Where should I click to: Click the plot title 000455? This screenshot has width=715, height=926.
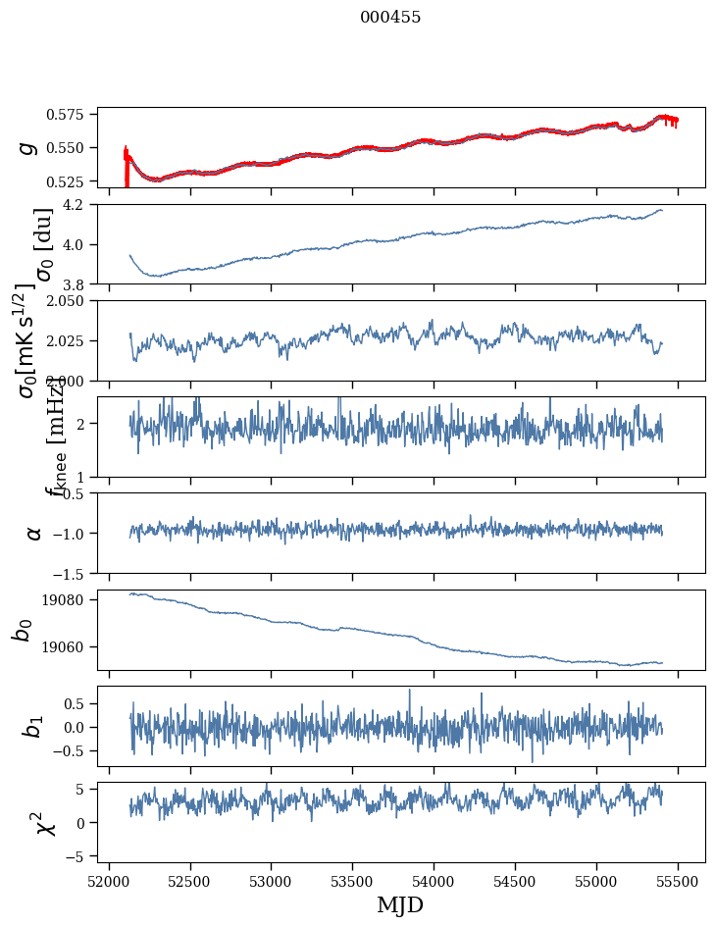(390, 18)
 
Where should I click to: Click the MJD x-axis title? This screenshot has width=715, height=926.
(400, 904)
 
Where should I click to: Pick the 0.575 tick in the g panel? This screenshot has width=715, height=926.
(72, 115)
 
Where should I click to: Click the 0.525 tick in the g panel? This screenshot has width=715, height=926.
(72, 181)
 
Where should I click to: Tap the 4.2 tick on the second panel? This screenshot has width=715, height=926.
(79, 205)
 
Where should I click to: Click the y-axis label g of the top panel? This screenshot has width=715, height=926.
(29, 147)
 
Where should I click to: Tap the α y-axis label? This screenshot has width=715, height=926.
(33, 533)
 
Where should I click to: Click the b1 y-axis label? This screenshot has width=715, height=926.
(33, 727)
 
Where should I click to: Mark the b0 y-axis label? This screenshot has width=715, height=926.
(22, 630)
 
